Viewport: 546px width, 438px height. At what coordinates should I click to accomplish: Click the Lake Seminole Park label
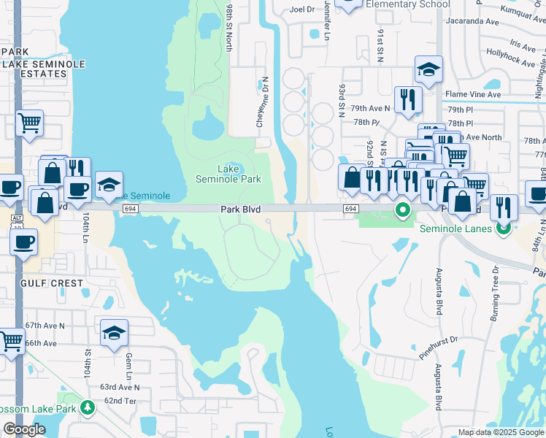pyautogui.click(x=228, y=173)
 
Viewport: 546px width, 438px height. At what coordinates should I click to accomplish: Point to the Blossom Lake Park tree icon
pyautogui.click(x=88, y=407)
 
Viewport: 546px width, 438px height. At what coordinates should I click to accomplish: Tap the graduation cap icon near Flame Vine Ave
pyautogui.click(x=428, y=71)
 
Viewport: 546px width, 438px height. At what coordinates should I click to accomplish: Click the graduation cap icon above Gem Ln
pyautogui.click(x=114, y=334)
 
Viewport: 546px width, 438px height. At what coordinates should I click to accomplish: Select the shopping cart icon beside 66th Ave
pyautogui.click(x=10, y=340)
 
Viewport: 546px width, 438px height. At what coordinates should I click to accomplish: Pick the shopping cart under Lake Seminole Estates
pyautogui.click(x=29, y=123)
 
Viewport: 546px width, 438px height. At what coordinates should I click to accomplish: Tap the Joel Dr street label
pyautogui.click(x=301, y=9)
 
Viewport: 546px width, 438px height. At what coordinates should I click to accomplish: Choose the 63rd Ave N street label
pyautogui.click(x=119, y=386)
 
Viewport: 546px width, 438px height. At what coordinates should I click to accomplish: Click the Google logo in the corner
pyautogui.click(x=24, y=429)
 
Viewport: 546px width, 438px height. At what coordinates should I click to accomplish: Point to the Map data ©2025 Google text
pyautogui.click(x=500, y=432)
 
